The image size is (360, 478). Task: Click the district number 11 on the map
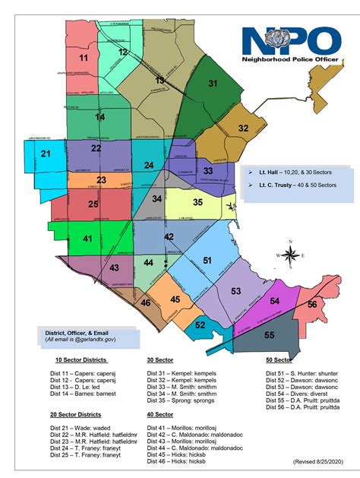[x=84, y=58]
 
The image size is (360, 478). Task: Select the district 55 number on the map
[x=269, y=334]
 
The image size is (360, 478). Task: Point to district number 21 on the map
[x=46, y=154]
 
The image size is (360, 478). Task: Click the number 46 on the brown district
[x=145, y=302]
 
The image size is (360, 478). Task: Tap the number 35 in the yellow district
[x=197, y=202]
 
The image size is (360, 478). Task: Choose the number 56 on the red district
[x=311, y=304]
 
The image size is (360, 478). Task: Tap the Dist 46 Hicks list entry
[x=174, y=461]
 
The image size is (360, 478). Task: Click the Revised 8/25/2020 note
[x=318, y=461]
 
